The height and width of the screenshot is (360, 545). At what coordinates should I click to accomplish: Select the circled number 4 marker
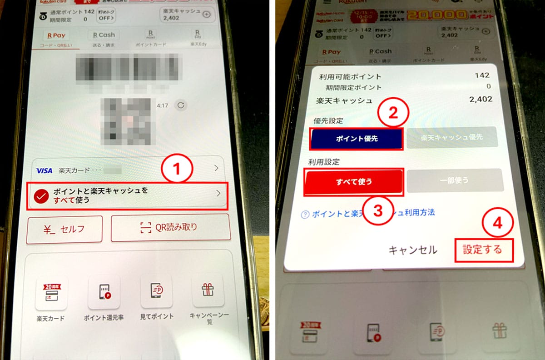point(498,223)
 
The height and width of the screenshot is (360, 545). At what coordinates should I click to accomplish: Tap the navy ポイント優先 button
point(356,139)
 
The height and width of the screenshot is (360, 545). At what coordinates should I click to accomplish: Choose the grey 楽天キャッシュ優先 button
point(452,137)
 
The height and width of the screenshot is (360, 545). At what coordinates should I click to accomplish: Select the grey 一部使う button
point(455,180)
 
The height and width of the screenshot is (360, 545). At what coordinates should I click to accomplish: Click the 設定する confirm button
point(484,250)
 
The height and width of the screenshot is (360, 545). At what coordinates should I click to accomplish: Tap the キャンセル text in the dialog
point(412,250)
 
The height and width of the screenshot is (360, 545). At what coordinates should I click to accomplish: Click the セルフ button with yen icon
point(64,229)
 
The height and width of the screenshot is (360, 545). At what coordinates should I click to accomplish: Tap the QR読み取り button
point(170,227)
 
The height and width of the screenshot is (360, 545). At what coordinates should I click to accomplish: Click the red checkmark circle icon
point(42,196)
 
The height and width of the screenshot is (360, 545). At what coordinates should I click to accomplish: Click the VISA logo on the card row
point(45,171)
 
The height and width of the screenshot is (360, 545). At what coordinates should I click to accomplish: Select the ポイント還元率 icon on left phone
point(104,292)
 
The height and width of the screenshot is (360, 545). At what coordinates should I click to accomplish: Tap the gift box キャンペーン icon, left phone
point(208,290)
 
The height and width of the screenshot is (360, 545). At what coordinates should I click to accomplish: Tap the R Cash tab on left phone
point(104,35)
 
